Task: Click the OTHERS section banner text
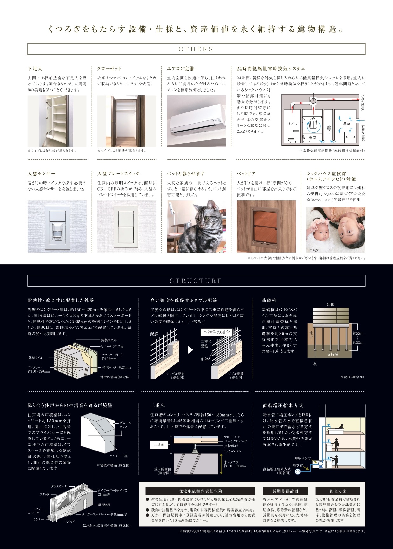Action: (196, 49)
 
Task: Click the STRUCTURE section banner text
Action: (196, 281)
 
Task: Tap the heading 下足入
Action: (35, 68)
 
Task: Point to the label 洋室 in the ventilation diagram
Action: (346, 123)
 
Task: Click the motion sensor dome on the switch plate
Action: (57, 232)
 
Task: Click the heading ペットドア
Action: (246, 173)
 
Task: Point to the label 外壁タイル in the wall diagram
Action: (36, 358)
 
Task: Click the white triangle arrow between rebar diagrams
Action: (190, 350)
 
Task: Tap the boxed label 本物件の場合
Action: (216, 332)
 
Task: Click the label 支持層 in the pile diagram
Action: (332, 354)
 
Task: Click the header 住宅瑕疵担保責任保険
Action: (200, 491)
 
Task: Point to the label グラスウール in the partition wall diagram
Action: (59, 486)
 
